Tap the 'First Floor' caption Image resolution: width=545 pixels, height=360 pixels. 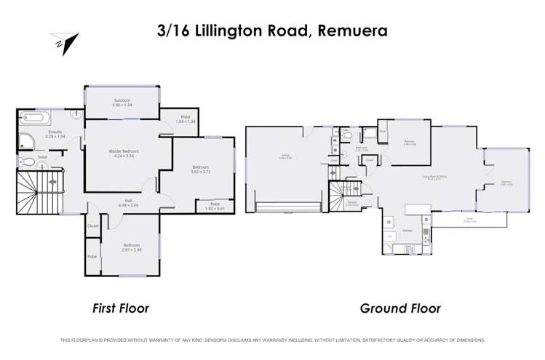click(x=121, y=308)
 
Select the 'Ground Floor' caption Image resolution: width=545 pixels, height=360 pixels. click(x=400, y=308)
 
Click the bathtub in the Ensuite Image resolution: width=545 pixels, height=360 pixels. click(x=33, y=117)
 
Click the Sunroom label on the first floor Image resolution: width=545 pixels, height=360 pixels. click(x=122, y=103)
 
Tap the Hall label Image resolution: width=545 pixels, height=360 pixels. click(x=128, y=204)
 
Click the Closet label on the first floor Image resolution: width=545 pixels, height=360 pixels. click(x=93, y=225)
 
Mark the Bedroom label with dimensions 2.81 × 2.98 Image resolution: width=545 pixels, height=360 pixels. click(x=132, y=247)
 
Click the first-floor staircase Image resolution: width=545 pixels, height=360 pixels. click(x=33, y=191)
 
